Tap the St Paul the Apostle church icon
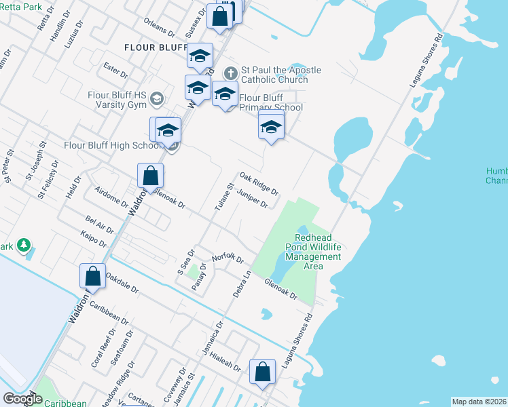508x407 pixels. tap(231, 72)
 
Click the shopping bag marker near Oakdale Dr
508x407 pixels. tap(92, 276)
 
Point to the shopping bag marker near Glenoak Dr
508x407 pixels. tap(150, 175)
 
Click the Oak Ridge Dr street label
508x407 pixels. tap(259, 182)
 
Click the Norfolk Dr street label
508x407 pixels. tap(228, 258)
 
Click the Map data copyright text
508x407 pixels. tap(479, 402)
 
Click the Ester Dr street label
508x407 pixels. tap(115, 69)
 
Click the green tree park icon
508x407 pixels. tap(24, 244)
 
